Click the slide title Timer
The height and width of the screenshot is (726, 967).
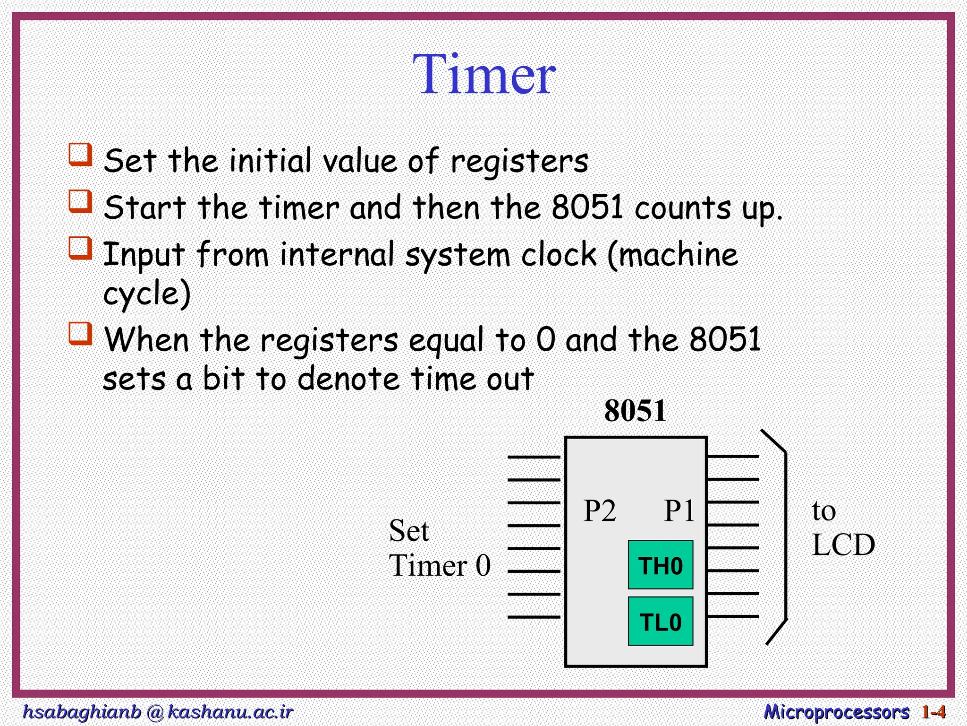click(484, 75)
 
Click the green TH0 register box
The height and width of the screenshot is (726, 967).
click(660, 565)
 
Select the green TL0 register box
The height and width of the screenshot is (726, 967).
click(660, 622)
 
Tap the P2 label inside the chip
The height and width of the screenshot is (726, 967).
click(600, 511)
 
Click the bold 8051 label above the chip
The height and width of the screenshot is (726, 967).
click(635, 410)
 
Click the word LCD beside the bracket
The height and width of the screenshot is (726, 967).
click(843, 545)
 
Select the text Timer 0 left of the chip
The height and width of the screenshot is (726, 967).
click(440, 565)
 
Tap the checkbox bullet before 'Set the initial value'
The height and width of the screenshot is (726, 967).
click(80, 155)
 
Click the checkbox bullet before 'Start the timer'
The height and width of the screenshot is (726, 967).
click(80, 201)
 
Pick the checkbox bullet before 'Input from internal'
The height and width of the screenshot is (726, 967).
click(80, 248)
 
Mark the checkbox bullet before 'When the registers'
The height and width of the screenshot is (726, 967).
click(80, 333)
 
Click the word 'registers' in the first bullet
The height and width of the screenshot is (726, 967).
click(519, 162)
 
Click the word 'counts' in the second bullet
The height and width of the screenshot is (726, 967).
click(682, 208)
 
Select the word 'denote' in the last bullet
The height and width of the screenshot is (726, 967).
click(349, 379)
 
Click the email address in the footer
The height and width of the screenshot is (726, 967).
click(158, 711)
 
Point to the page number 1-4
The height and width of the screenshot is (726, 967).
click(933, 712)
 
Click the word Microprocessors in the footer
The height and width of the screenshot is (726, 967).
click(836, 712)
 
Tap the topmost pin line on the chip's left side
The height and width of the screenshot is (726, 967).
click(534, 457)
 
